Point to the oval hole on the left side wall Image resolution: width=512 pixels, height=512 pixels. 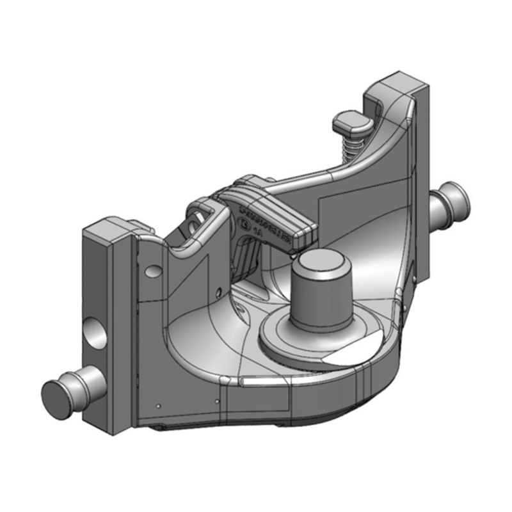point(152,271)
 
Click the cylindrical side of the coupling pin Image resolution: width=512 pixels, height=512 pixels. point(320,294)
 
